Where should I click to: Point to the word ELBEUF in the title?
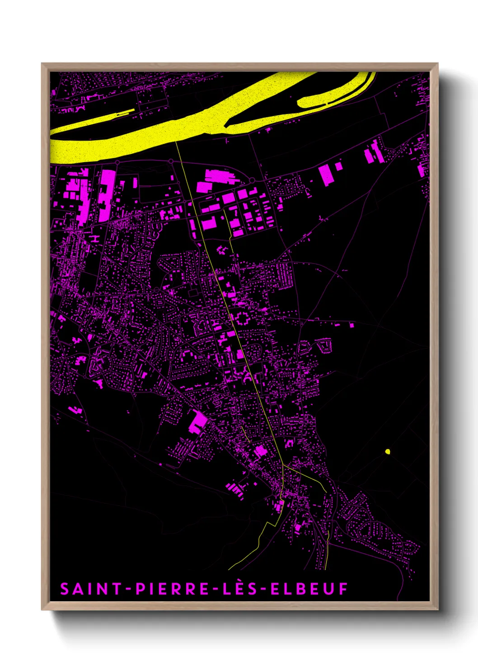[309, 589]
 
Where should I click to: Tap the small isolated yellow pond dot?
[388, 451]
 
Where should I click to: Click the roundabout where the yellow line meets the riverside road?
[171, 161]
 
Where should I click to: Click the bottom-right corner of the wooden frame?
[437, 609]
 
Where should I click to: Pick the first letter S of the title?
[65, 589]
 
